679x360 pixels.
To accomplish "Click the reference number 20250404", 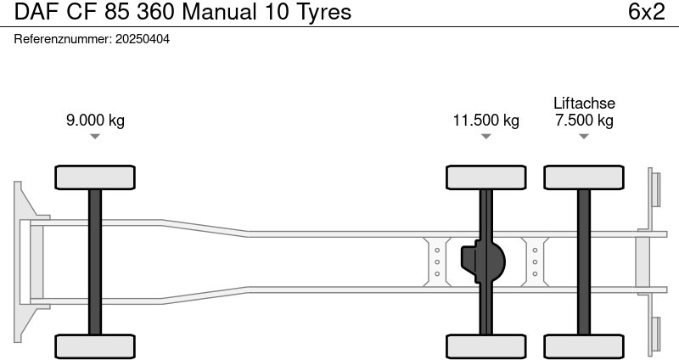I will point(142,39).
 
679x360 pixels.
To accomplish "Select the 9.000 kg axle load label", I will point(95,120).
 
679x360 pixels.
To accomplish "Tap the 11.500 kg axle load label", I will point(485,120).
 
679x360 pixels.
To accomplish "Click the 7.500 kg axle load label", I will point(584,120).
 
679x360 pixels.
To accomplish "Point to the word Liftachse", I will point(584,103).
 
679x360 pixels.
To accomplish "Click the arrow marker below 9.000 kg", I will point(95,136).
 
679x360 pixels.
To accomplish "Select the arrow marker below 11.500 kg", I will point(485,136).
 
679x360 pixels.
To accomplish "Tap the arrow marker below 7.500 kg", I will point(584,136).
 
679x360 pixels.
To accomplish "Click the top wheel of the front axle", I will point(95,177).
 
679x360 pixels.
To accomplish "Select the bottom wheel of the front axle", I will point(95,346).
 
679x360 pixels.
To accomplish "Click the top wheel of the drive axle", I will point(486,177).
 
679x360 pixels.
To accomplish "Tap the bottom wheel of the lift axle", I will point(584,346).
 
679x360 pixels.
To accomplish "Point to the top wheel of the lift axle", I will point(584,177).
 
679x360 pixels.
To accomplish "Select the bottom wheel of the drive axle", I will point(486,346).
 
